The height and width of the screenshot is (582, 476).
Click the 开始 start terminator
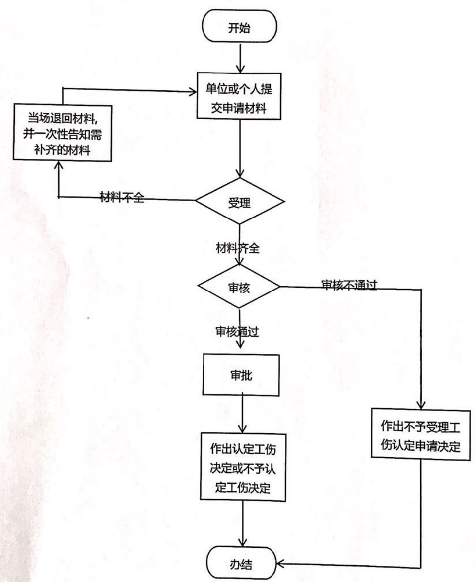coord(239,28)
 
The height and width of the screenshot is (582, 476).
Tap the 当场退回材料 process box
coord(61,133)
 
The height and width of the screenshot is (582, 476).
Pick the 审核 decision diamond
coord(239,288)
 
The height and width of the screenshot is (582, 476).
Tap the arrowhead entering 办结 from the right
coord(279,564)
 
